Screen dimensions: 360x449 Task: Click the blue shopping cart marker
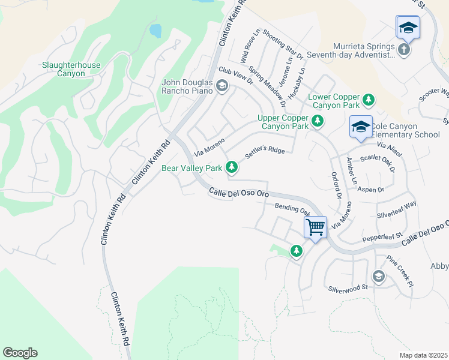point(315,228)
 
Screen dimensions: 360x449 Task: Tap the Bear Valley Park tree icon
point(231,167)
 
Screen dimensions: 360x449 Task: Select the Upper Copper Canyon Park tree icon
point(317,122)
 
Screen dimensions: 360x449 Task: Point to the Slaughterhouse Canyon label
point(71,69)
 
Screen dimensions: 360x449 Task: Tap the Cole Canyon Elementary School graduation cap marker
point(361,127)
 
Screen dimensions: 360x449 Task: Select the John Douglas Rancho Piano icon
point(221,86)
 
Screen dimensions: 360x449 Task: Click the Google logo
point(20,353)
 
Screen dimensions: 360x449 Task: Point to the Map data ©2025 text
point(423,355)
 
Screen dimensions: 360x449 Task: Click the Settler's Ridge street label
point(265,155)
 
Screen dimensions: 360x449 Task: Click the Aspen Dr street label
point(370,190)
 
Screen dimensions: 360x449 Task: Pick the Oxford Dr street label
point(336,185)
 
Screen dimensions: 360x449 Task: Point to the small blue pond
point(155,30)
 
